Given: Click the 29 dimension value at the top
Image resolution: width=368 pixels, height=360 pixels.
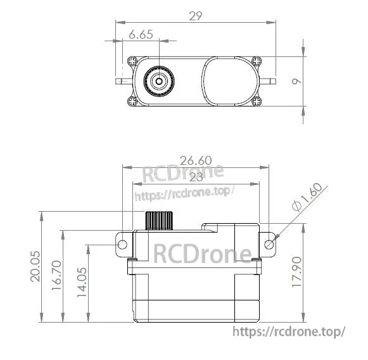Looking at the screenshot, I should (196, 16).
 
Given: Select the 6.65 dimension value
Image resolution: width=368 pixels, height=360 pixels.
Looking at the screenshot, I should (141, 36).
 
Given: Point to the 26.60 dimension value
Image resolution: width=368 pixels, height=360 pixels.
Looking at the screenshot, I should (195, 161).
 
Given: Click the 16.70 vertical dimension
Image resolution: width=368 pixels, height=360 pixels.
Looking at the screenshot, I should (56, 278).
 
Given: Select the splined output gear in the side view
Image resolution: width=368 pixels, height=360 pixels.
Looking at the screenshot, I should (158, 220).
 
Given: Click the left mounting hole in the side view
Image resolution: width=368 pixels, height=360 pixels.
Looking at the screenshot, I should (123, 245).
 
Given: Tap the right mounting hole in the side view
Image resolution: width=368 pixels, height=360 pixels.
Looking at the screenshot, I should (269, 245).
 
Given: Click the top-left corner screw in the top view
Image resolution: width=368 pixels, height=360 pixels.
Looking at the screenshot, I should (132, 61).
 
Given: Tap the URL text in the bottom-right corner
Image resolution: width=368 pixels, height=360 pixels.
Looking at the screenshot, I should (289, 331).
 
